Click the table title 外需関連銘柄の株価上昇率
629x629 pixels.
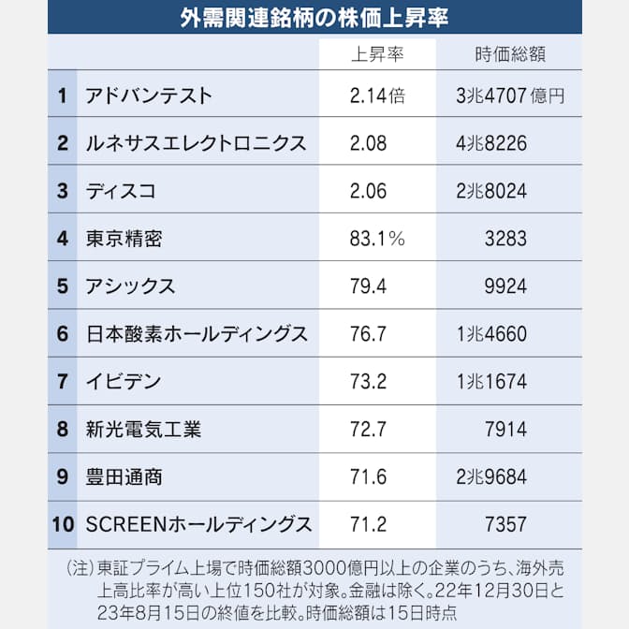[314, 19]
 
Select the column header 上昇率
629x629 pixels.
[376, 54]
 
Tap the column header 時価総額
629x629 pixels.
[506, 54]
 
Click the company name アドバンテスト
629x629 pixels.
[148, 95]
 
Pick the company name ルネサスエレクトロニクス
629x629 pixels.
[195, 143]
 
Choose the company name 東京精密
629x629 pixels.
[123, 239]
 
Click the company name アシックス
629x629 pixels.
[129, 286]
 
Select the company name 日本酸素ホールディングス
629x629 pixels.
[195, 334]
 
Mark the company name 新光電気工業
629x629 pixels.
[142, 430]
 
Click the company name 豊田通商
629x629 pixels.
[123, 477]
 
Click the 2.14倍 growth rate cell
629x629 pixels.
[377, 95]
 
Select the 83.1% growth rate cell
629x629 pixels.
[377, 239]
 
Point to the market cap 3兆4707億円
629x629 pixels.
[509, 95]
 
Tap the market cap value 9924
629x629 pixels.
[506, 286]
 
